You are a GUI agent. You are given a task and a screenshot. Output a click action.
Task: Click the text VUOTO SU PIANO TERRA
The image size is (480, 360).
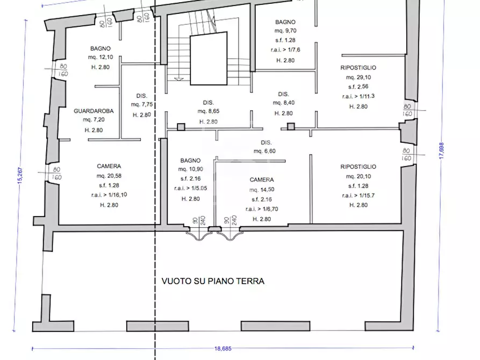(213, 281)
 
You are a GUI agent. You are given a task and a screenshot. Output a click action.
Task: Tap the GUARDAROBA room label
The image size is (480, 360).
(93, 111)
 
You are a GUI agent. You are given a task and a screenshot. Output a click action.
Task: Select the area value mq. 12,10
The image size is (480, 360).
(101, 57)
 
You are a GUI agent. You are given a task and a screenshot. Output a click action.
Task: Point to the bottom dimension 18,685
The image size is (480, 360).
(219, 349)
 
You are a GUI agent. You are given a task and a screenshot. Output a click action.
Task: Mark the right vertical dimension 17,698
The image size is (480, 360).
(441, 150)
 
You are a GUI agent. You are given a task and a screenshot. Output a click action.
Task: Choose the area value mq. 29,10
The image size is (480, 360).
(358, 78)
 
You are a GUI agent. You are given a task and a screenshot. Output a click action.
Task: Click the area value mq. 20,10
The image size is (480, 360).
(358, 176)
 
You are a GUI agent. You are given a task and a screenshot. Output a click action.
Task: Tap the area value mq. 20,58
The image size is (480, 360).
(109, 176)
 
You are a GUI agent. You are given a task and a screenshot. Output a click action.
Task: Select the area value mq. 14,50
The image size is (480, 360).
(262, 190)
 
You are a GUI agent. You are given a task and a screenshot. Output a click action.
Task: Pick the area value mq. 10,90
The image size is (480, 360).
(190, 170)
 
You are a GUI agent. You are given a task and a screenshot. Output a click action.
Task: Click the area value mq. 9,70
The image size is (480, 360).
(285, 32)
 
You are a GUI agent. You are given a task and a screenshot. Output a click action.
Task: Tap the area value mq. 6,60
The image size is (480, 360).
(265, 152)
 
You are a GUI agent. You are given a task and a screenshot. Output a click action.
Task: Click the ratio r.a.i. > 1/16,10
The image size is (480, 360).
(109, 195)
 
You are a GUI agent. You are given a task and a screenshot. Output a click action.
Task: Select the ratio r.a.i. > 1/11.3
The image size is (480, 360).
(358, 97)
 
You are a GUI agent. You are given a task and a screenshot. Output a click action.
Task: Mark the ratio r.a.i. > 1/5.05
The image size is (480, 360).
(190, 189)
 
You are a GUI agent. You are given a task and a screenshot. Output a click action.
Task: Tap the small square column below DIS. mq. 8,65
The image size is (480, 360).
(181, 127)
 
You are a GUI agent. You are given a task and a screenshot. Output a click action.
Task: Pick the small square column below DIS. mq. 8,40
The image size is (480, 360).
(291, 127)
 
